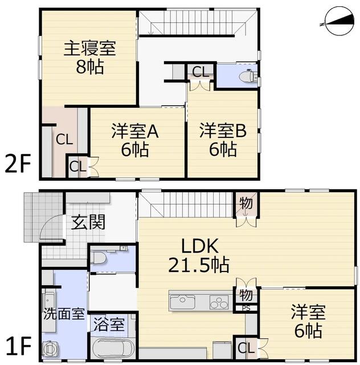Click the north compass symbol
coord(339,21)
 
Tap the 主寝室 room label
coord(90,48)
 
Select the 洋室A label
coord(135,132)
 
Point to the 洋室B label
coord(223,131)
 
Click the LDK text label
coord(200,246)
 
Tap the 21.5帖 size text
coord(199,265)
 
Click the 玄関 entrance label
coord(88,222)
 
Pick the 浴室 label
coord(109,325)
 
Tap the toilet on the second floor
coord(247,75)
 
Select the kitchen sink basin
coord(183,302)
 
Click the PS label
coord(246,308)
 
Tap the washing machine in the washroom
coord(50,348)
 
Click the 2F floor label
coord(18,164)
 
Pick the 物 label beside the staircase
coord(246,203)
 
